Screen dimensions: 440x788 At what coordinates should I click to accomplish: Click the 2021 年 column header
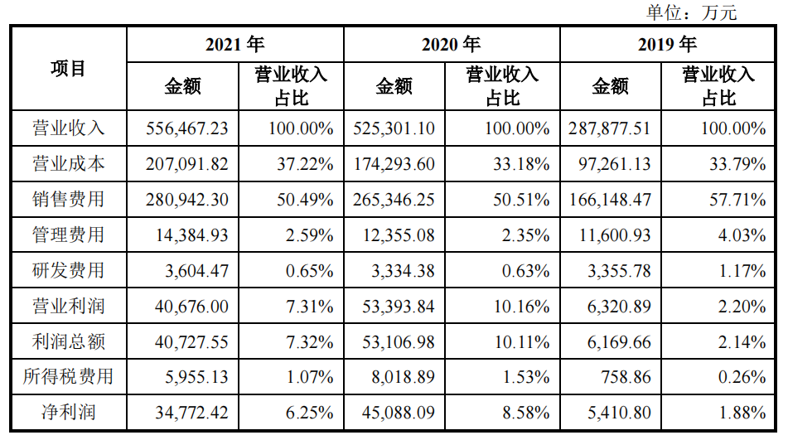[x=234, y=44]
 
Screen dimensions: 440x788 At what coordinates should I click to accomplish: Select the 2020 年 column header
[x=451, y=44]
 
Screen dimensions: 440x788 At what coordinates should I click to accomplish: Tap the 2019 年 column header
[x=667, y=44]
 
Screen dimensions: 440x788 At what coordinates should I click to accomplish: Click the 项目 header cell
[x=69, y=69]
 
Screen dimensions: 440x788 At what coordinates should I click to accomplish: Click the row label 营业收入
[x=69, y=128]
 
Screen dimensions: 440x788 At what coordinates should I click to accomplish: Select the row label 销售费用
[x=69, y=200]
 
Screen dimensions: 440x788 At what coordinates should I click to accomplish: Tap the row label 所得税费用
[x=69, y=377]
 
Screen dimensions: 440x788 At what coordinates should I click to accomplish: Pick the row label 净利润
[x=69, y=412]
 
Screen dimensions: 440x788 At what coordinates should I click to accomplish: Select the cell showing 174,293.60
[x=394, y=164]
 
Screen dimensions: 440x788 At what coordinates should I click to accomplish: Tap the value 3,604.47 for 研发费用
[x=191, y=271]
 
